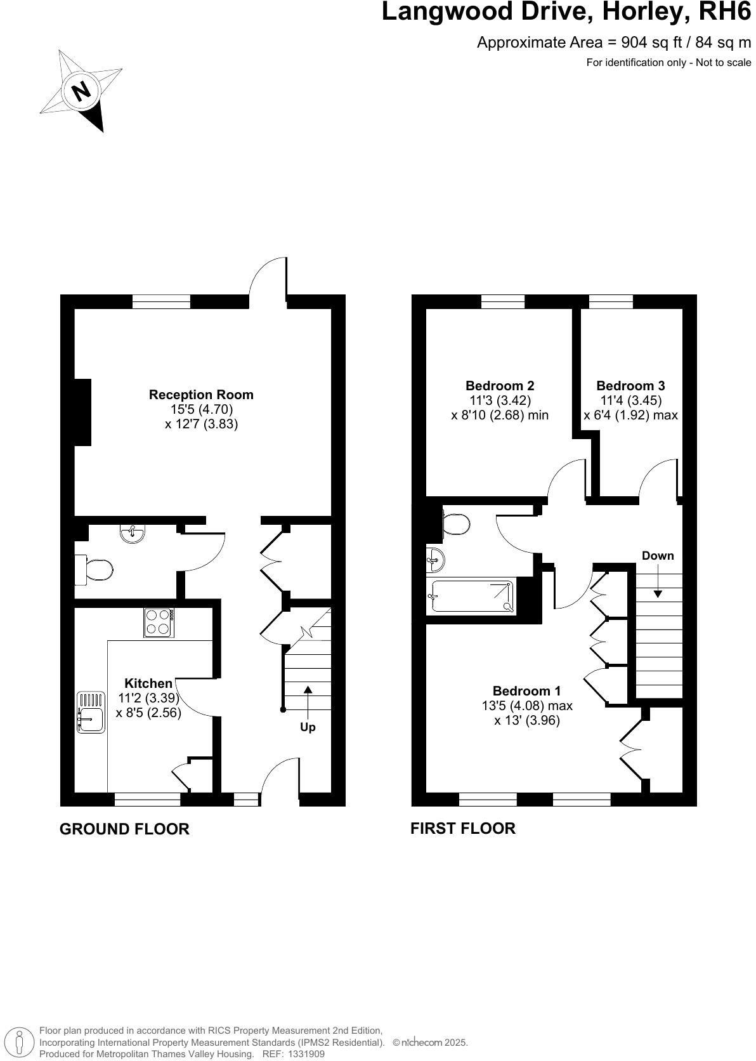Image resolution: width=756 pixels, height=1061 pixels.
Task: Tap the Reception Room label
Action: [201, 395]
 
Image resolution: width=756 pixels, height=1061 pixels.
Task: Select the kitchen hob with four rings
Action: [159, 623]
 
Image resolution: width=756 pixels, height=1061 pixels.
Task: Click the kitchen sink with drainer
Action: [91, 713]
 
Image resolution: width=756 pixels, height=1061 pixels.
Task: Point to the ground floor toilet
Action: [97, 569]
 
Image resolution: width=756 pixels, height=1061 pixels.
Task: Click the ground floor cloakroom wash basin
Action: [133, 533]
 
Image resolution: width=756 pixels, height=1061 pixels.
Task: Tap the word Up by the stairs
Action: [308, 727]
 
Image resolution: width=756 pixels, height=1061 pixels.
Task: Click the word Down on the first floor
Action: [658, 556]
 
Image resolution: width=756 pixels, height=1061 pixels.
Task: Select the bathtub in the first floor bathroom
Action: [472, 596]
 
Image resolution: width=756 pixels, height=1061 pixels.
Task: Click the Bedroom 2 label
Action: [500, 386]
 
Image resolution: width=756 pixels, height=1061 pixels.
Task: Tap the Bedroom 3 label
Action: [630, 386]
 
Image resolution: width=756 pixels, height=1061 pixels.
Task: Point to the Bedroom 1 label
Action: [526, 691]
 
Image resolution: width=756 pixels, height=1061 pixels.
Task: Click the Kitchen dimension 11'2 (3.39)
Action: [148, 698]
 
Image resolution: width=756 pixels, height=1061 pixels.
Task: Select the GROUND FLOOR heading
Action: [124, 829]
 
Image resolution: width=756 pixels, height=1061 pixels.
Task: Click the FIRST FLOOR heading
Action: [462, 828]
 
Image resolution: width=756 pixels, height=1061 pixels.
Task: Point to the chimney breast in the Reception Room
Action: [83, 412]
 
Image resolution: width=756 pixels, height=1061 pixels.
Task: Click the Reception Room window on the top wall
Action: [161, 302]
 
